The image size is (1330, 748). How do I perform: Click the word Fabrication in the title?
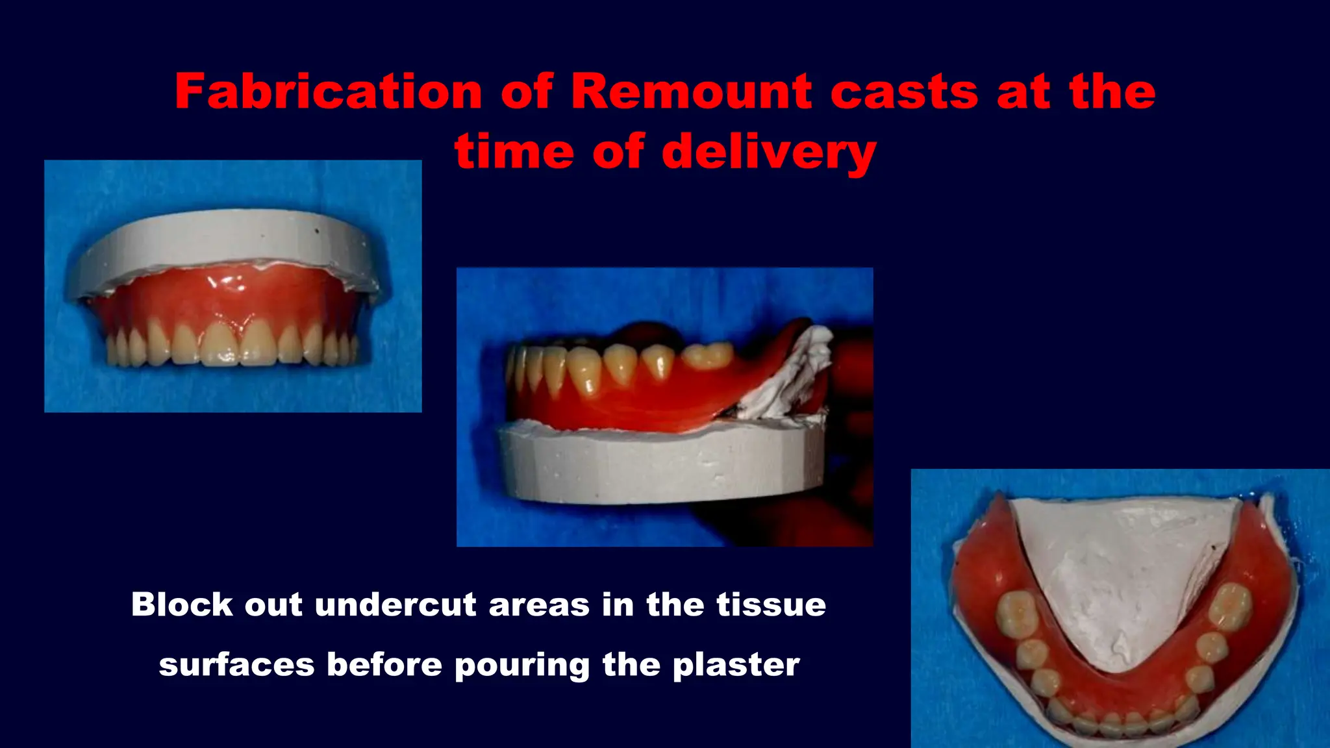click(x=328, y=92)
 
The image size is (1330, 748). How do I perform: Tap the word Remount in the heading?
click(x=692, y=92)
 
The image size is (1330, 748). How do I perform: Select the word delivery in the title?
click(x=769, y=152)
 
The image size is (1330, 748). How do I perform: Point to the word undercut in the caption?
click(x=397, y=605)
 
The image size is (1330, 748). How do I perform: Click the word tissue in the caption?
click(x=771, y=605)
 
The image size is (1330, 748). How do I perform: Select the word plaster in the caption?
click(x=735, y=666)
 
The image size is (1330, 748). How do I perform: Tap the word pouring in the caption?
click(x=522, y=666)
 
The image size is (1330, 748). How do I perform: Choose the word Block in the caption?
click(x=182, y=605)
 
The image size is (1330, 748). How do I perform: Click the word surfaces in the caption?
click(x=236, y=666)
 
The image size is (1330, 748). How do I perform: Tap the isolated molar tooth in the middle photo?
click(x=708, y=355)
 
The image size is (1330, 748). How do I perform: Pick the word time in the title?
click(x=514, y=152)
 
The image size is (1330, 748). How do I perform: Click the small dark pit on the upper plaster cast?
click(x=317, y=231)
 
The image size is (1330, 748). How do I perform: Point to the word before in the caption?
click(x=384, y=666)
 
